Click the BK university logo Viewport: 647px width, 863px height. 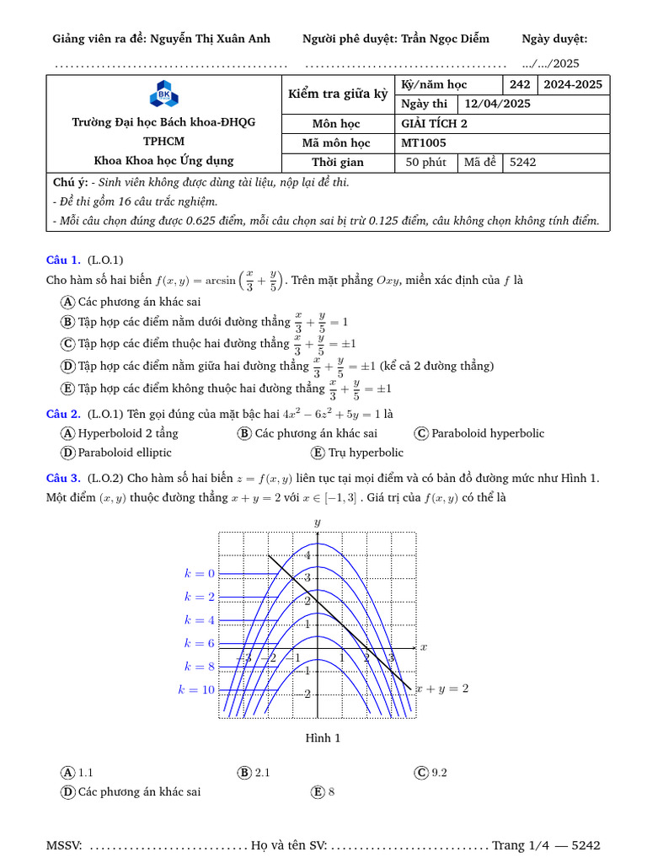[163, 94]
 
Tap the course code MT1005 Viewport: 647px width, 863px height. [424, 143]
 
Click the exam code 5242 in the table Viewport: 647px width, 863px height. [523, 163]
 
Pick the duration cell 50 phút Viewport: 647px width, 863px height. [425, 163]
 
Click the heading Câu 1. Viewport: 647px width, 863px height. [63, 260]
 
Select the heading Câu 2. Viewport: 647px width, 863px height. [63, 413]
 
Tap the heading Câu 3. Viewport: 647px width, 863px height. [63, 478]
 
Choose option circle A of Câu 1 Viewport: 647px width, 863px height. [68, 302]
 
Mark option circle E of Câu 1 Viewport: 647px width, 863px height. [68, 389]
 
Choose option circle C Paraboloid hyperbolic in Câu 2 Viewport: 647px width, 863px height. [422, 433]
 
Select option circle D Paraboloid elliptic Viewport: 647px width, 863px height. [68, 453]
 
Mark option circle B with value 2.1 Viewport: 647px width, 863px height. [245, 772]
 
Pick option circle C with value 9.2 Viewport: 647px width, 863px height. [422, 772]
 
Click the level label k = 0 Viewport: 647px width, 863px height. [200, 573]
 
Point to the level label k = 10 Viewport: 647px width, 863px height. [196, 689]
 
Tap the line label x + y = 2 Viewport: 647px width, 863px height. [441, 688]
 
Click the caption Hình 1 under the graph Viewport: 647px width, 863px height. [323, 738]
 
